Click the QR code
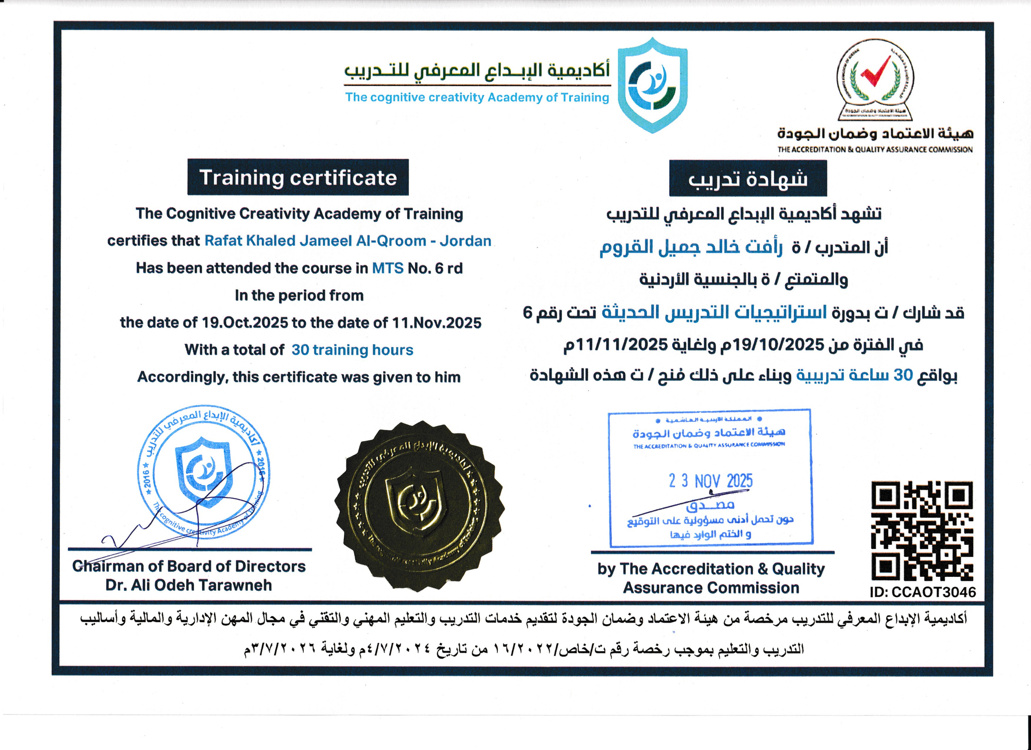pyautogui.click(x=922, y=531)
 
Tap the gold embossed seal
pyautogui.click(x=419, y=506)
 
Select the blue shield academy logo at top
pyautogui.click(x=653, y=85)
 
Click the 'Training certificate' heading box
pyautogui.click(x=298, y=177)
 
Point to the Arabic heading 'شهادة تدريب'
pyautogui.click(x=747, y=178)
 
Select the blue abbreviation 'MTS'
pyautogui.click(x=388, y=268)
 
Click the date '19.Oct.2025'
pyautogui.click(x=245, y=323)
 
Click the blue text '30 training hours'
pyautogui.click(x=352, y=350)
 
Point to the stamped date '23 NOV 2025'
pyautogui.click(x=710, y=481)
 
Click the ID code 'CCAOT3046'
pyautogui.click(x=934, y=592)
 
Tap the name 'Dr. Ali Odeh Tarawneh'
pyautogui.click(x=189, y=585)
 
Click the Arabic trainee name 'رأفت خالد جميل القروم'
pyautogui.click(x=691, y=248)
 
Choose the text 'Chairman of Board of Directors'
pyautogui.click(x=189, y=566)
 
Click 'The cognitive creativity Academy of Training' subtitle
pyautogui.click(x=477, y=97)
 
